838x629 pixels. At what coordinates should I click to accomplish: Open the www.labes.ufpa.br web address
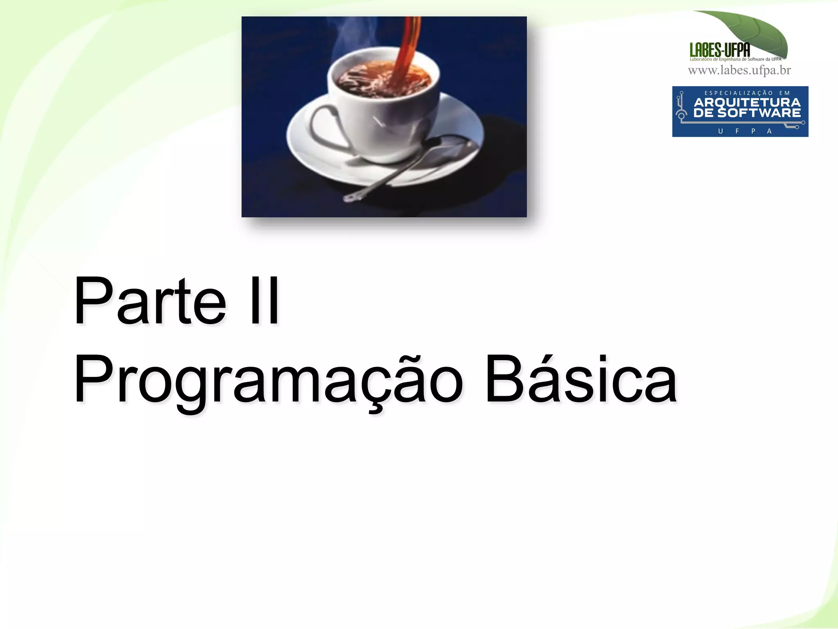(739, 70)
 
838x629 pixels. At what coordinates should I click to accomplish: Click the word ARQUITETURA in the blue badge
(747, 102)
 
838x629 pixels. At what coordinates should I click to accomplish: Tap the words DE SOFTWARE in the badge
(747, 113)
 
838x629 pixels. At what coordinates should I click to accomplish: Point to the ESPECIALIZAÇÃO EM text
(747, 93)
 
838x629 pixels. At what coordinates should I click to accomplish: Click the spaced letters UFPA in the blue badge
(745, 131)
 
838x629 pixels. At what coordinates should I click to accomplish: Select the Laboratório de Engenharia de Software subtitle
(735, 59)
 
